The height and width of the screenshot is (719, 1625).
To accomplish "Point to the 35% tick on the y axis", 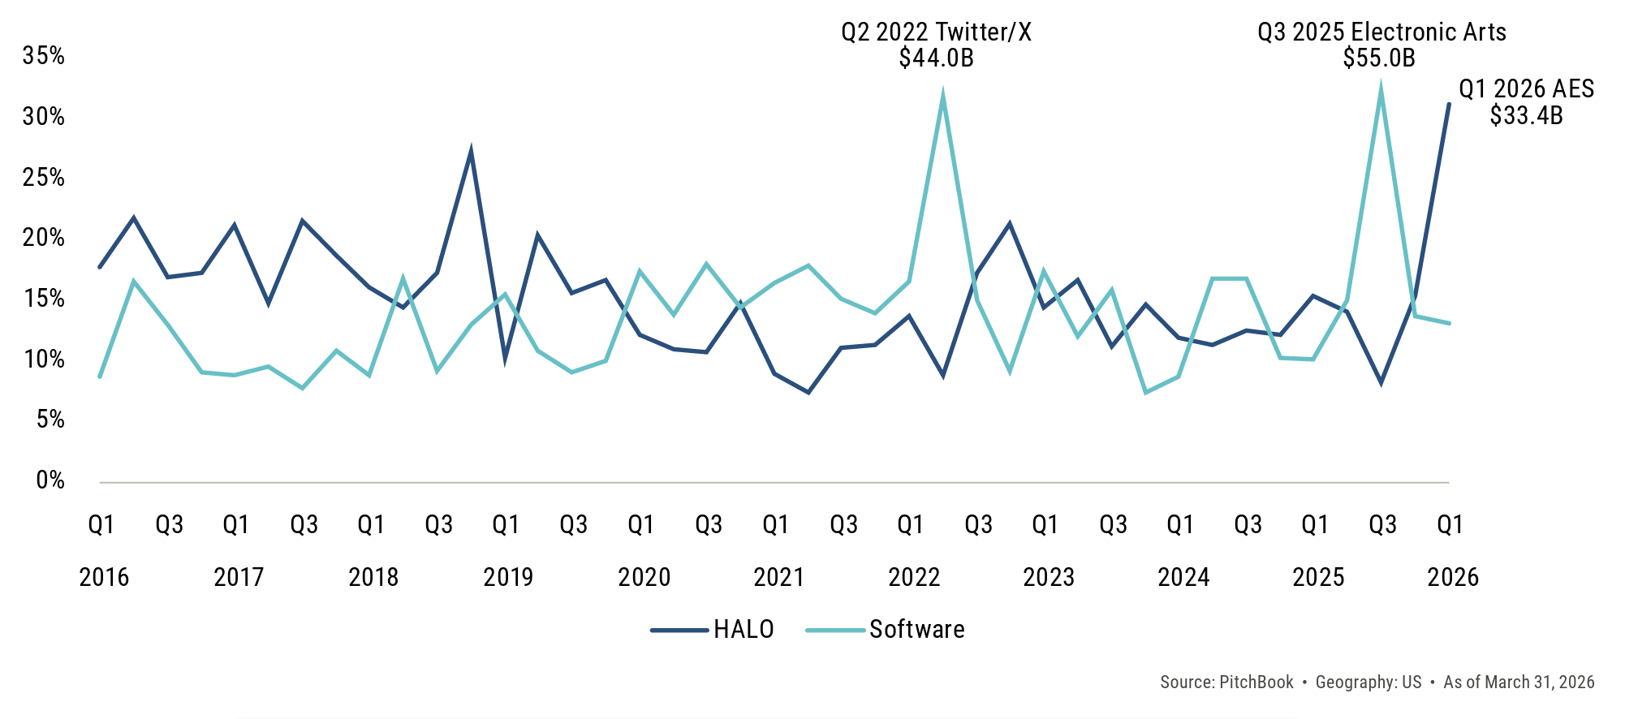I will click(44, 56).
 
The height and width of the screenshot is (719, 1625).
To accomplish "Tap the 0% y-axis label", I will click(50, 480).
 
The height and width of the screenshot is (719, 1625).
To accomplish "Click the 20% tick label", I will click(44, 238).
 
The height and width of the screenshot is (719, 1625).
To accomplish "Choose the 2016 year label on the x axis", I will click(104, 577).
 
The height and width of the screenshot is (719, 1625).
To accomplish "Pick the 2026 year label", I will click(1453, 577).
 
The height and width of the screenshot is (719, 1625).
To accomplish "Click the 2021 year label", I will click(778, 577).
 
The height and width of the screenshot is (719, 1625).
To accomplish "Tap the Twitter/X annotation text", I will click(936, 32).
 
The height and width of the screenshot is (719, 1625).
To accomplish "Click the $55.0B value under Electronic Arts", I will click(1379, 58).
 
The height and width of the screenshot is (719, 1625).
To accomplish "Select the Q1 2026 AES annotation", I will click(1526, 88).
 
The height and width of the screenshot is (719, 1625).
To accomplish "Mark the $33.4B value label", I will click(1526, 115).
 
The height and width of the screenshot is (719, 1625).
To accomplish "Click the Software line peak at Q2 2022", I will click(942, 97).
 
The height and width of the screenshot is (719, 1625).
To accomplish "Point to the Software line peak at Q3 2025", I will click(1381, 91).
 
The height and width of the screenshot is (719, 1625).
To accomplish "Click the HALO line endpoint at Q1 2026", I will click(1449, 104).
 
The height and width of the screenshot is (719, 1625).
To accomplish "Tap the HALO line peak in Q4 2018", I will click(471, 151).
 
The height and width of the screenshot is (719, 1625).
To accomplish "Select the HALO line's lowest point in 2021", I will click(808, 392).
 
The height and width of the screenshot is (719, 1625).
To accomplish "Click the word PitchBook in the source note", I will click(1256, 682).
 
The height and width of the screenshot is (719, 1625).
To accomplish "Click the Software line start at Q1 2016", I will click(100, 377).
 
